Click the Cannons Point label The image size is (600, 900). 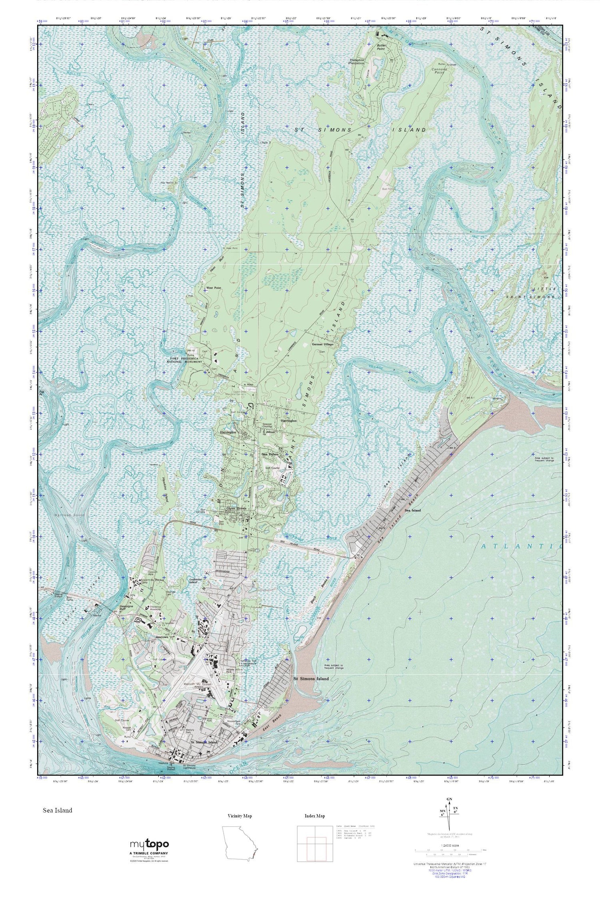439,71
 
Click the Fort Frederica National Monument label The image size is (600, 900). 185,360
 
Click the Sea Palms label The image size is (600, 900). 271,455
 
